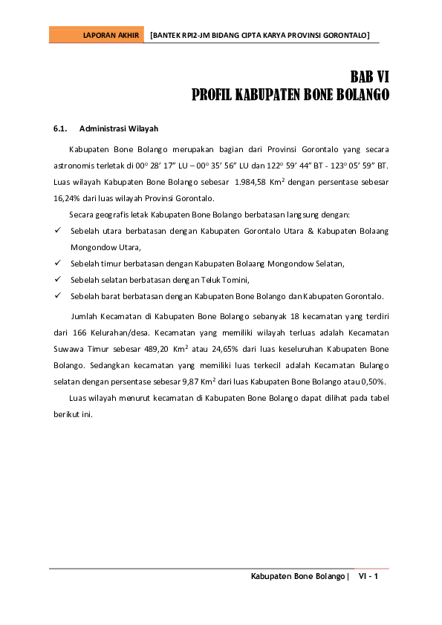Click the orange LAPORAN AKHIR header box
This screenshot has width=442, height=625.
[x=97, y=35]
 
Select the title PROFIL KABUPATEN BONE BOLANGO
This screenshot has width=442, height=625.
[x=291, y=95]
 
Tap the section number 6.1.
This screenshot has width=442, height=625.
[x=61, y=128]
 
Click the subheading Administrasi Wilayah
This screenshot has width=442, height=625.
[x=119, y=128]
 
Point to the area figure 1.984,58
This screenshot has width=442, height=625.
[x=251, y=182]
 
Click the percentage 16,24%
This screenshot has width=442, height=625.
[x=67, y=198]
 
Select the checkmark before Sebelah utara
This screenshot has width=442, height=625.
[x=57, y=231]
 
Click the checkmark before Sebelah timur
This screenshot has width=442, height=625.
[x=57, y=264]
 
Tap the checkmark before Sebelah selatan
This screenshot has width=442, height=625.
[x=57, y=280]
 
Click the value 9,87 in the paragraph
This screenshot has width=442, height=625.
[x=192, y=382]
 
